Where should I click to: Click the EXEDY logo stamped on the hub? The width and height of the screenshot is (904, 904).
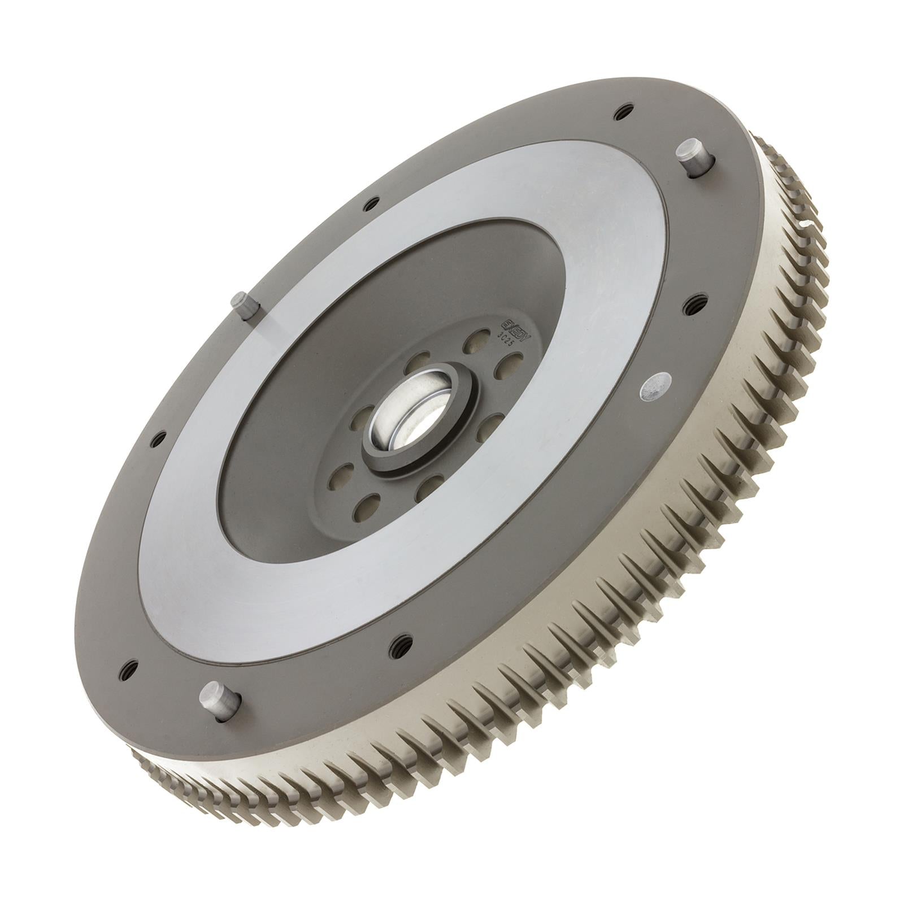512,326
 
